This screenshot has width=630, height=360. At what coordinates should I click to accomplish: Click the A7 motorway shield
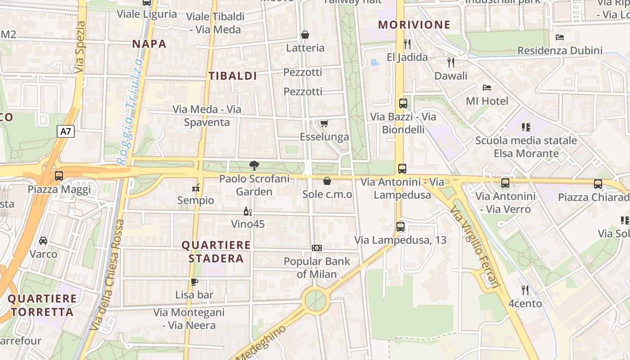point(66,131)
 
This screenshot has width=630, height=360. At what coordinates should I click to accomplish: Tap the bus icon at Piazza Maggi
point(59,176)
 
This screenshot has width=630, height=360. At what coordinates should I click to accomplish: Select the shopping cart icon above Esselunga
point(324,123)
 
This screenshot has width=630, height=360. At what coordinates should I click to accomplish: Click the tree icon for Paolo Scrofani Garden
point(254,165)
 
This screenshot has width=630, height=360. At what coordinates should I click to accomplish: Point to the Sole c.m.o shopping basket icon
point(327,181)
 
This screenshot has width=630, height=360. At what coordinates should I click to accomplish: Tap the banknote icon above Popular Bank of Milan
point(317,248)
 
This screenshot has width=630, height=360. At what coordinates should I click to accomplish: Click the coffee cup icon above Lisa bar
point(194,282)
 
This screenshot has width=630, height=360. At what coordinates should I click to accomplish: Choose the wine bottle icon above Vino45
point(247,211)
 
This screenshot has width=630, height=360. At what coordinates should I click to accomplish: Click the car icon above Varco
point(43,241)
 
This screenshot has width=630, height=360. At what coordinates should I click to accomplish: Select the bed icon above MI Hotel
point(486,87)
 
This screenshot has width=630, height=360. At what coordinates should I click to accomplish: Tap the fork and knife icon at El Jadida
point(407,44)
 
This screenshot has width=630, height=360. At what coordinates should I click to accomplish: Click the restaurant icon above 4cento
point(525,290)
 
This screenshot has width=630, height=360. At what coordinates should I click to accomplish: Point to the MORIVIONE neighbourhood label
point(414,25)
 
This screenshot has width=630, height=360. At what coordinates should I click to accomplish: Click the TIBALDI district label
point(233,76)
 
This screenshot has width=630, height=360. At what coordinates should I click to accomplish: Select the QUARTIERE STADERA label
point(216,252)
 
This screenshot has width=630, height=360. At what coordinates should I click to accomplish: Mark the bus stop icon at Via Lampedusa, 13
point(400,227)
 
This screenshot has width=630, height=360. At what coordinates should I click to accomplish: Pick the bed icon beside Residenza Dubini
point(560,37)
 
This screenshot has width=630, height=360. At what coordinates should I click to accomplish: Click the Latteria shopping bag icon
point(305,35)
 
